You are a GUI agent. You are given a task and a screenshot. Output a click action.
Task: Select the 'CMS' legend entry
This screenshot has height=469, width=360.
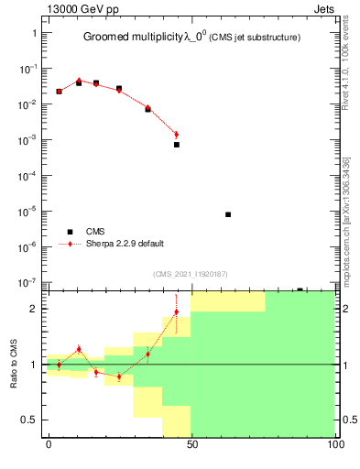point(97,232)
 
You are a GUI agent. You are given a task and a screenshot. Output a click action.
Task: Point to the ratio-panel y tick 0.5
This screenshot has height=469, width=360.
point(30,420)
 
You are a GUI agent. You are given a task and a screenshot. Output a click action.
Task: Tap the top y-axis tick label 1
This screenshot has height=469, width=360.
point(35,33)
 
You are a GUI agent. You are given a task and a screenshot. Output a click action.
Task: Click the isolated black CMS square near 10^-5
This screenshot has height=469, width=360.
point(227,214)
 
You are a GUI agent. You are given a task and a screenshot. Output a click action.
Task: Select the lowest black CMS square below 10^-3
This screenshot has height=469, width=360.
point(176,145)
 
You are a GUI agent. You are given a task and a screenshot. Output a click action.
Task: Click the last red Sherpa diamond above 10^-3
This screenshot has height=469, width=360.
point(176,135)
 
